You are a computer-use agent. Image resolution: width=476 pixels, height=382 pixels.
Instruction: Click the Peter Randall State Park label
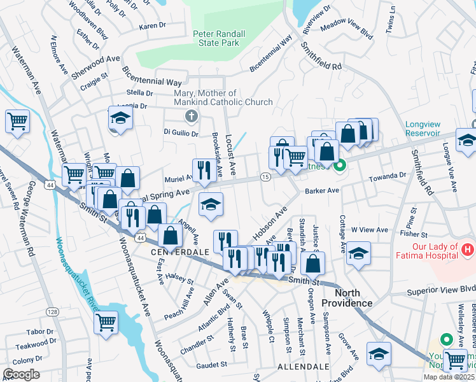(216, 38)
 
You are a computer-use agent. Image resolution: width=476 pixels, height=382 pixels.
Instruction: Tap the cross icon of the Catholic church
(190, 117)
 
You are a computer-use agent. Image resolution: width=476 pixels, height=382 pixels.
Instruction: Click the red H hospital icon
(468, 247)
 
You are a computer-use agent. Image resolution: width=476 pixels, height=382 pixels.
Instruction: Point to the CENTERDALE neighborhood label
(180, 252)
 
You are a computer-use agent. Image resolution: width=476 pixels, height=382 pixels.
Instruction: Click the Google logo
(21, 374)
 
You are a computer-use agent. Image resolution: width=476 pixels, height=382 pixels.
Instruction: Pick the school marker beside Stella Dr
(120, 119)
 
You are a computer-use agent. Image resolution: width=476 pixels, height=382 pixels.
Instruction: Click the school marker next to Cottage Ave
(359, 253)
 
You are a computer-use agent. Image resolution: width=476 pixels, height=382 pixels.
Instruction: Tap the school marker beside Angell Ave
(211, 204)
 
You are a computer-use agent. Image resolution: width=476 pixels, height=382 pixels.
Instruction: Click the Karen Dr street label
(152, 26)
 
